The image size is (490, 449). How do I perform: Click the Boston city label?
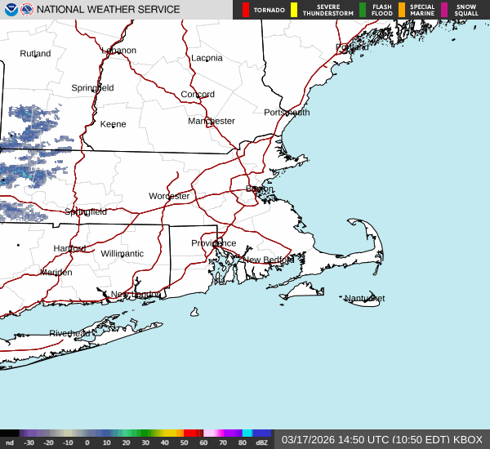point(260,189)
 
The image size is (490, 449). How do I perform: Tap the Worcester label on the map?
point(169,196)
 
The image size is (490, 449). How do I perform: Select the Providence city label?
point(213,243)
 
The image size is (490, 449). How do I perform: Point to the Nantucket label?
point(364,298)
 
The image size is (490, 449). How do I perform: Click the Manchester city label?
point(212,121)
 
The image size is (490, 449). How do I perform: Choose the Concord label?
point(198,95)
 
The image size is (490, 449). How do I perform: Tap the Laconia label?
point(207,58)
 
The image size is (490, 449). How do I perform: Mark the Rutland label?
point(35,54)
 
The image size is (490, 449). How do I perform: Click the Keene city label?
point(114,124)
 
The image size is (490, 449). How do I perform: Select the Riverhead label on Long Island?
point(69,333)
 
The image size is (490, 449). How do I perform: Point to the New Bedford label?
point(263,260)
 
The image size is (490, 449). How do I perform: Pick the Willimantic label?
point(122,253)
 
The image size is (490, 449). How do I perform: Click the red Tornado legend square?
point(246,10)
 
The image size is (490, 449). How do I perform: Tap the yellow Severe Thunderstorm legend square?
point(294,10)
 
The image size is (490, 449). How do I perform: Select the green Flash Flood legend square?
point(363,10)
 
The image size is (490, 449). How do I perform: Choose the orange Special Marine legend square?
point(402,10)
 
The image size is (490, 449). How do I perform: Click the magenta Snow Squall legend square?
point(444,10)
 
